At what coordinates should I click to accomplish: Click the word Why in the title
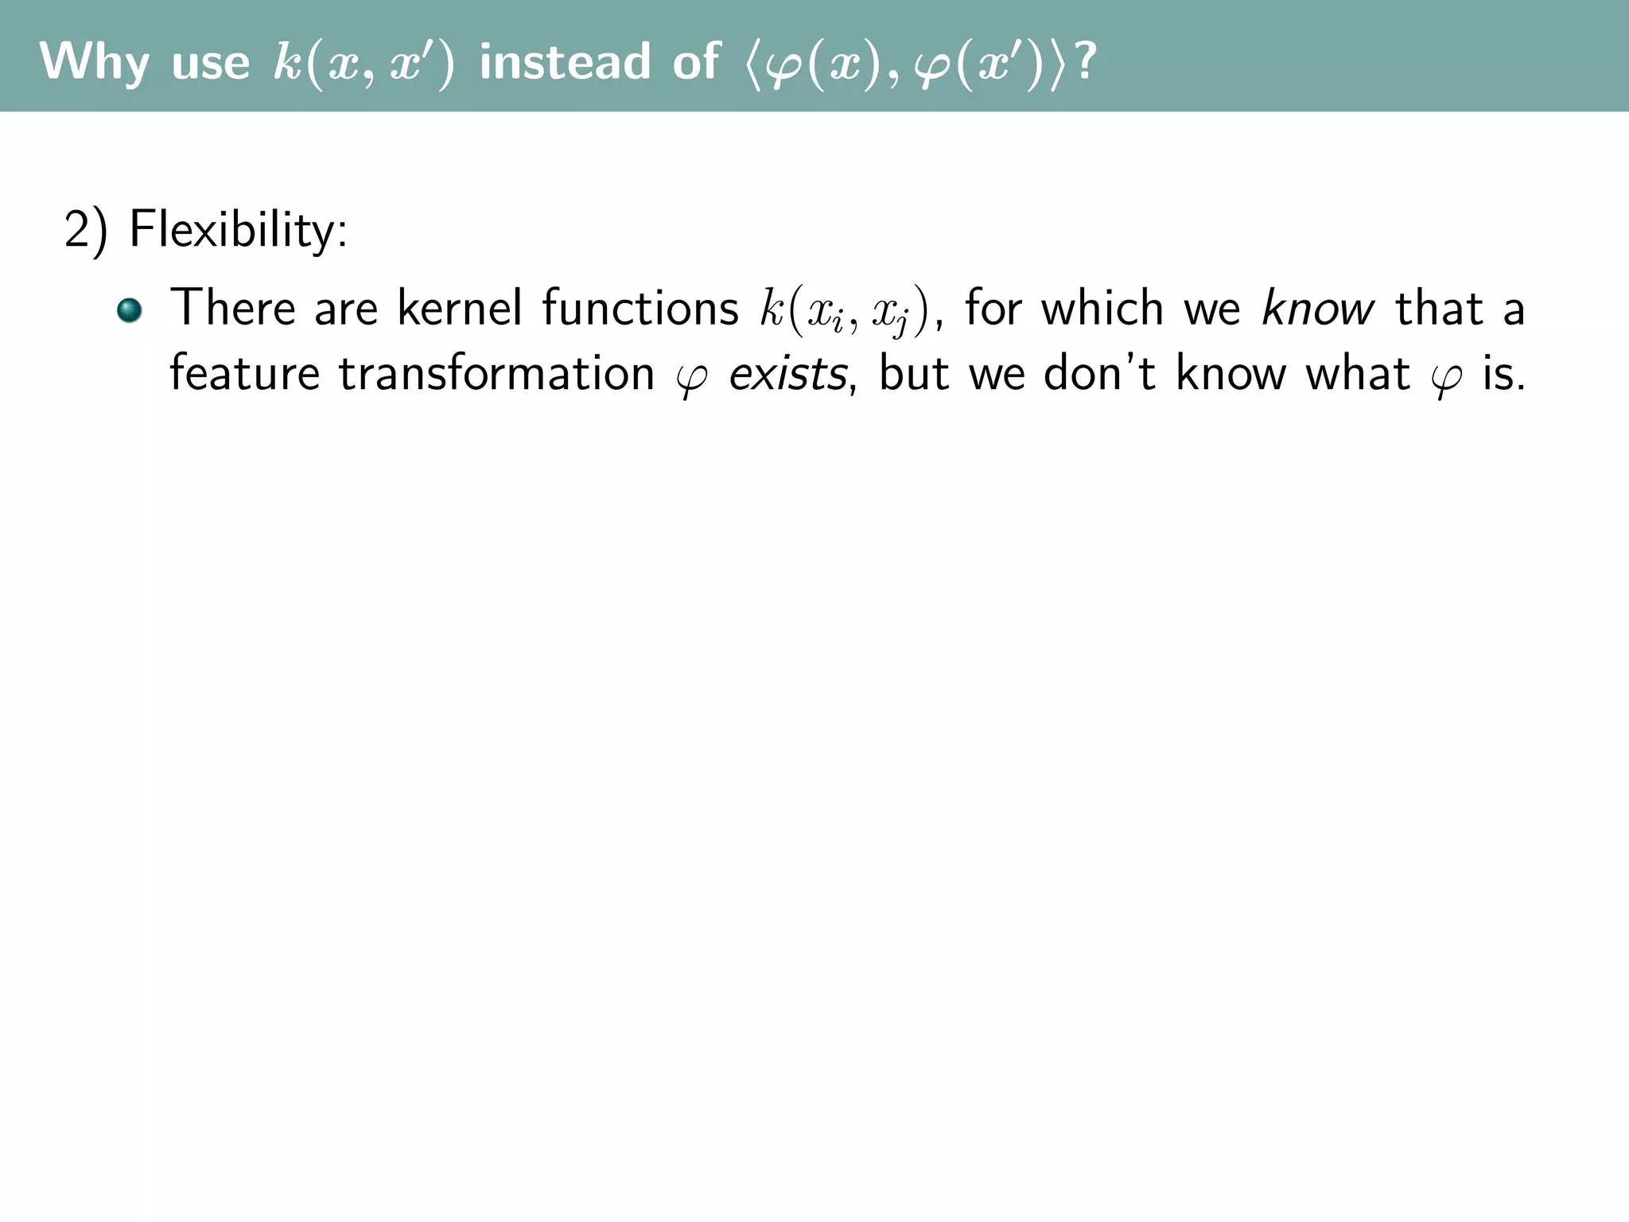[x=95, y=62]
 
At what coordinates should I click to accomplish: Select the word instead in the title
[x=565, y=62]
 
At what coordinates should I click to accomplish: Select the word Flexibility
[x=238, y=231]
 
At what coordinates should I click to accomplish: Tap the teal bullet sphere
[x=129, y=310]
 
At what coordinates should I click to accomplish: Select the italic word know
[x=1317, y=309]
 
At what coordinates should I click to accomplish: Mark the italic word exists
[x=788, y=374]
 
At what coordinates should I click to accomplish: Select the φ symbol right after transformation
[x=690, y=377]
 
